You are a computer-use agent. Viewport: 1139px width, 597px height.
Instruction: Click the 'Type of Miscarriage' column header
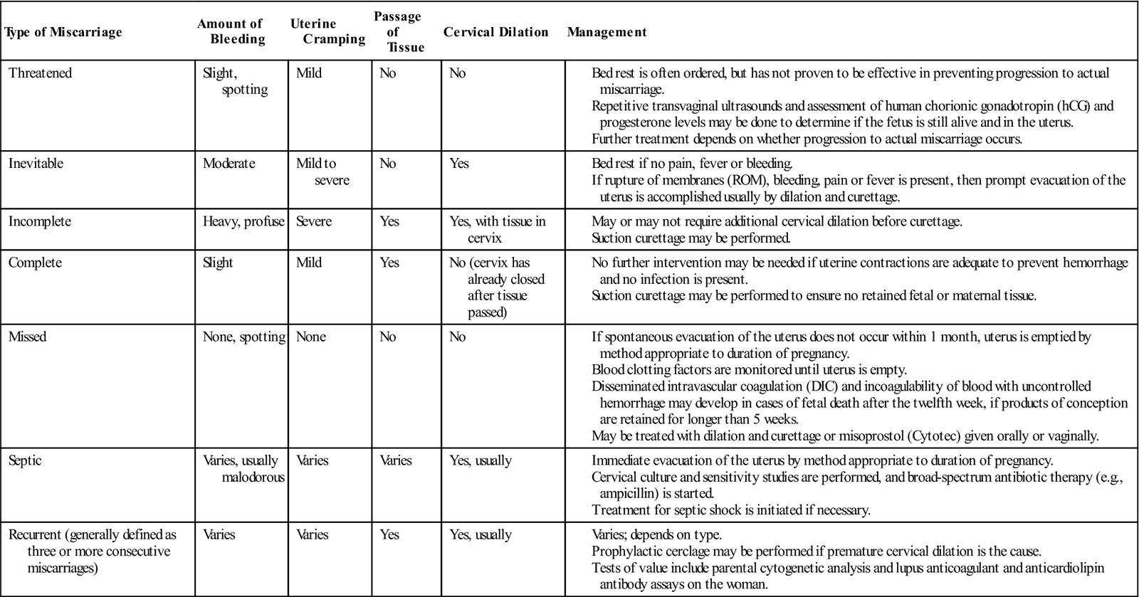[63, 32]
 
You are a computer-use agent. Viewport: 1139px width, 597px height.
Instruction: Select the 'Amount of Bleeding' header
[230, 32]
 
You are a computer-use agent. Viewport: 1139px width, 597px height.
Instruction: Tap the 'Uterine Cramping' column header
[327, 32]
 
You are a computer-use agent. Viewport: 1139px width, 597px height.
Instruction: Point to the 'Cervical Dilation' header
[495, 32]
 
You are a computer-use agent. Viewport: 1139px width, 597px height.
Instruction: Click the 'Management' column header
[607, 32]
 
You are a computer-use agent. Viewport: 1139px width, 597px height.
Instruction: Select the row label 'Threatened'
[40, 73]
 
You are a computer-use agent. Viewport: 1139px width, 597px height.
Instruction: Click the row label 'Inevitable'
[36, 164]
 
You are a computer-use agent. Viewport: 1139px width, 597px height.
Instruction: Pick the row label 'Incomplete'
[39, 221]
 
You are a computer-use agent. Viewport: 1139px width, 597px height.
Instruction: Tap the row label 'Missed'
[28, 337]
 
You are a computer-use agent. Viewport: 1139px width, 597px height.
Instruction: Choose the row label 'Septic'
[25, 460]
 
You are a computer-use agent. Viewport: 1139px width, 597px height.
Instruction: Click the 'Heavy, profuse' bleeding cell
[244, 221]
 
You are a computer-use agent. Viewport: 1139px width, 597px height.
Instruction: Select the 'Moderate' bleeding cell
[229, 164]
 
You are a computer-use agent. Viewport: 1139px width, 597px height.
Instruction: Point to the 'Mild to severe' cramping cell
[322, 171]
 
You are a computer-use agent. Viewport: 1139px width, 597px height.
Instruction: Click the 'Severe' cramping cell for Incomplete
[314, 221]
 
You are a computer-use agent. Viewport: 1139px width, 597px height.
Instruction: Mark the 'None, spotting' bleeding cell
[243, 337]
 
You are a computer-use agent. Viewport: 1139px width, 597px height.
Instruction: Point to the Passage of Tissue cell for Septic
[396, 460]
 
